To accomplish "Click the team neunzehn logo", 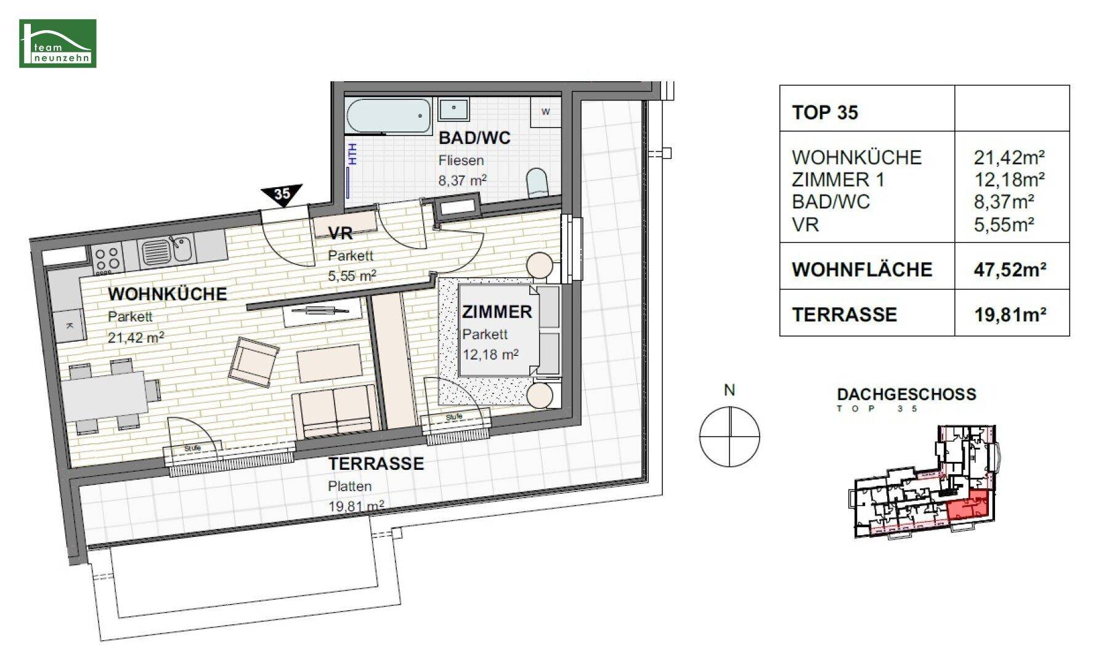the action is click(58, 43).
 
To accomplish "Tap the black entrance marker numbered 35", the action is click(282, 194).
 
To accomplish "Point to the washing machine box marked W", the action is click(545, 111).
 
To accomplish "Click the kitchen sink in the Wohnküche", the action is click(167, 250).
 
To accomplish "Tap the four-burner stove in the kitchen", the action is click(107, 259).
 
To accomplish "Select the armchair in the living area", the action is click(253, 362).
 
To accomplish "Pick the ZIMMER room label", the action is click(497, 312).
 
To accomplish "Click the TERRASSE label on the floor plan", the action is click(376, 464).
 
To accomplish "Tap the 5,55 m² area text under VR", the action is click(352, 276).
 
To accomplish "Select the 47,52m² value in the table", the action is click(1010, 270).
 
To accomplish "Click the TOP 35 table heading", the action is click(825, 113).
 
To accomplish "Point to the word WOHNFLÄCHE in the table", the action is click(862, 270).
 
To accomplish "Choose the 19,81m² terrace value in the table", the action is click(1010, 315).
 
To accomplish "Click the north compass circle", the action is click(729, 437).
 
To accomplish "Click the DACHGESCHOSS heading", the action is click(906, 394).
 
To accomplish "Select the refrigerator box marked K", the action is click(68, 325).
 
